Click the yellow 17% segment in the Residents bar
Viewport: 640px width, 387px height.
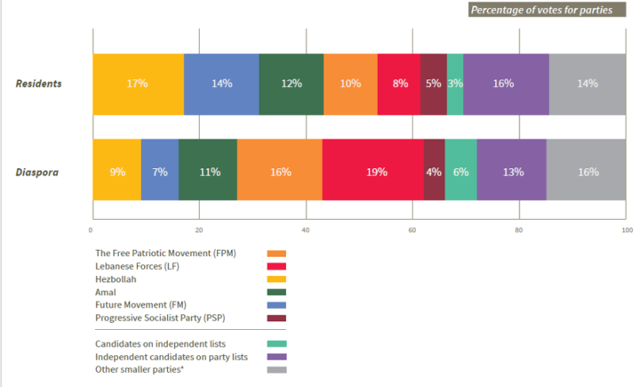coord(138,84)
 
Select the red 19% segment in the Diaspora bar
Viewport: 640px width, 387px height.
coord(373,172)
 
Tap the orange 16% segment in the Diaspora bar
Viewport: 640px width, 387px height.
coord(280,172)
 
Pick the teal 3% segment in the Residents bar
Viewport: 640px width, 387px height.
coord(455,84)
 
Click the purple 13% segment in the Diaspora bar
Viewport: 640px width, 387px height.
coord(512,172)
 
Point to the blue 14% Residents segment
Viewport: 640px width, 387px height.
coord(221,84)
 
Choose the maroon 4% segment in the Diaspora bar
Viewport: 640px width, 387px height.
coord(434,172)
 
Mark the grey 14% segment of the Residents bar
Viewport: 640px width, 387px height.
coord(587,84)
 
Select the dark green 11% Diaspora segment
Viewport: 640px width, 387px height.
coord(208,172)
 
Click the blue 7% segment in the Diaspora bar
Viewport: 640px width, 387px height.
coord(160,172)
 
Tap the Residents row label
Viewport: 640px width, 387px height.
coord(38,84)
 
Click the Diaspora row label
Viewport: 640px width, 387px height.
coord(38,172)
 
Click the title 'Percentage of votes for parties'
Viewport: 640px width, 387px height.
coord(546,11)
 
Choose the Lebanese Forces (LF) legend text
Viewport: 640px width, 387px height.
coord(139,266)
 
